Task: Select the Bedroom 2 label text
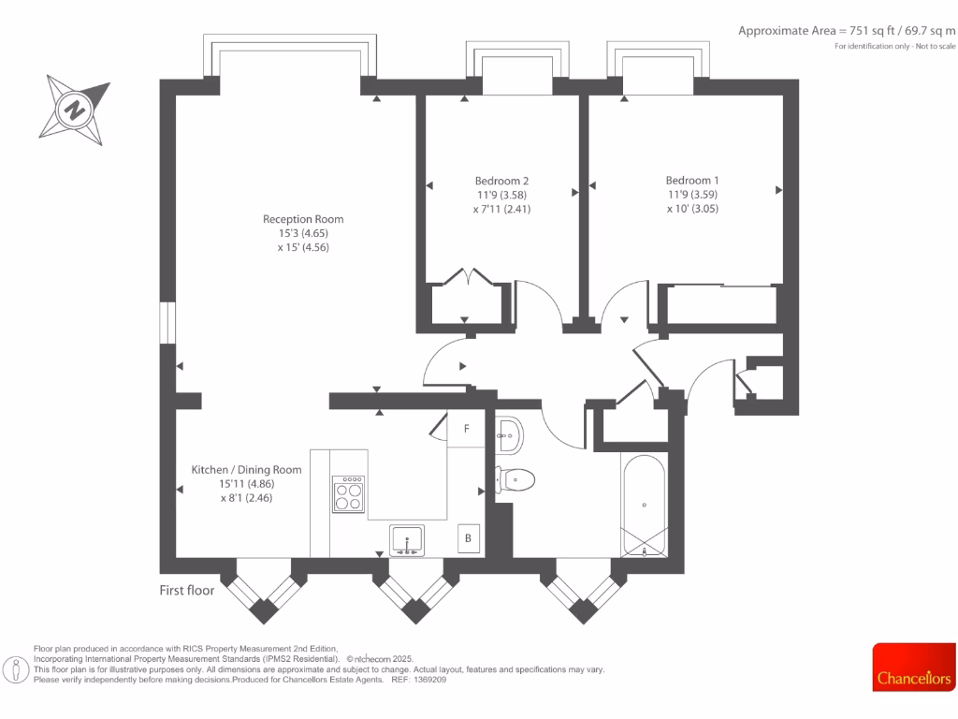[501, 181]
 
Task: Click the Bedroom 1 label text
[692, 181]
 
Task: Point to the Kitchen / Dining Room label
[247, 469]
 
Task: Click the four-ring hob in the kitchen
[349, 493]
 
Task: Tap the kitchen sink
[407, 540]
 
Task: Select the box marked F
[466, 429]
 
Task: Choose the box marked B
[466, 538]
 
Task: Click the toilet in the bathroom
[517, 480]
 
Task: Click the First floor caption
[186, 591]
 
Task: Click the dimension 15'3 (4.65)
[296, 233]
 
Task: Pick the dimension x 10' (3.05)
[692, 209]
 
